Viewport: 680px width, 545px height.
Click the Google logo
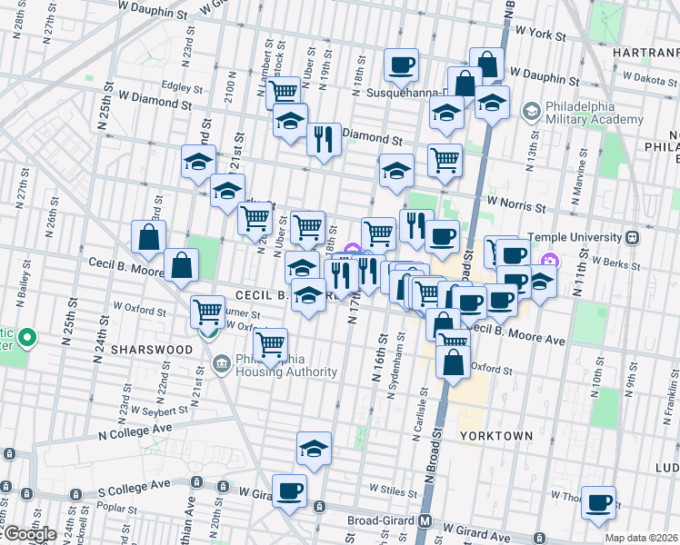pos(29,534)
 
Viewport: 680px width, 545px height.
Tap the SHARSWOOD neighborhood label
pos(152,350)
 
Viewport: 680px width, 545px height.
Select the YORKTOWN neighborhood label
pos(495,436)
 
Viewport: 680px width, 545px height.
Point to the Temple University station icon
pos(633,237)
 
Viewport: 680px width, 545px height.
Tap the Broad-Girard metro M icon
pos(424,521)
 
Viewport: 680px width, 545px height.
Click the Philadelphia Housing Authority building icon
pos(221,364)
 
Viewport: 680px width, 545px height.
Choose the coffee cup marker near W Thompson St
pos(598,501)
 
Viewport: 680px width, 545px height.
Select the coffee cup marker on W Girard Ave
pos(290,490)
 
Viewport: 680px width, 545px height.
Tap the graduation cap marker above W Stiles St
pos(314,448)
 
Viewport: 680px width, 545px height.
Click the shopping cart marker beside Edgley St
pos(284,91)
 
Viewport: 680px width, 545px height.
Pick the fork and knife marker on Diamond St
pos(324,138)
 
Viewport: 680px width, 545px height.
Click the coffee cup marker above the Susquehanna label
pos(401,64)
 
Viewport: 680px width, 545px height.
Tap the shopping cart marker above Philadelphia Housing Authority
pos(270,343)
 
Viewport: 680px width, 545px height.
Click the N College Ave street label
pos(136,427)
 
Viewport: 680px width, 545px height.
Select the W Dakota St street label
pos(645,80)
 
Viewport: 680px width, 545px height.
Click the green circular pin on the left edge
pos(26,340)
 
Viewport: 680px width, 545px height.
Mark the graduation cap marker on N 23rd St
pos(198,162)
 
